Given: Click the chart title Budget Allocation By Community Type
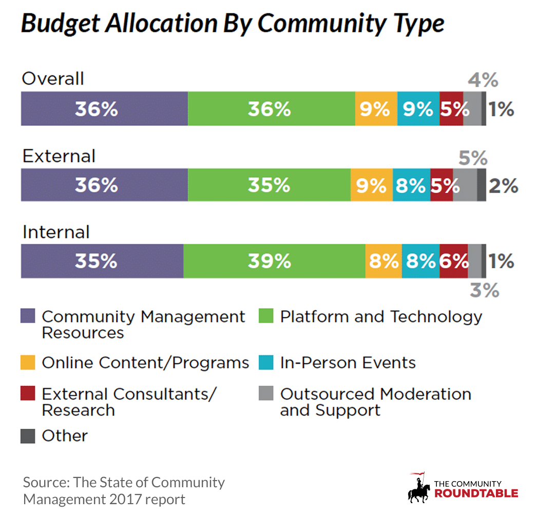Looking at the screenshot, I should point(232,24).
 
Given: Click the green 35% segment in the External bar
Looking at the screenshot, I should point(269,185).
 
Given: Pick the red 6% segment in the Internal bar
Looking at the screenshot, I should point(453,262).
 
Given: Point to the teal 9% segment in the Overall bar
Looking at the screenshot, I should point(418,109).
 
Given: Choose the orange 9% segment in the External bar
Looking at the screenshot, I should point(371,185).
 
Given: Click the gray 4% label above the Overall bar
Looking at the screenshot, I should point(483,80).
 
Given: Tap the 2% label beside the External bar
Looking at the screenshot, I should point(503,186).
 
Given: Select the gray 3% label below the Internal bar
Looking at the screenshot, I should point(485,291).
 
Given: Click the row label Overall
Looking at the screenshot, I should point(52,79).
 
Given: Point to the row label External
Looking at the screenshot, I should point(59,156).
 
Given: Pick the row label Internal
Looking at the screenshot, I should point(55,232).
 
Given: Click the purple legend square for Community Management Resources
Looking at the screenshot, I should point(28,316).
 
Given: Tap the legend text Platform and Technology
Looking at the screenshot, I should point(381,316).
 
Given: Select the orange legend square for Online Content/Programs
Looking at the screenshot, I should point(28,363).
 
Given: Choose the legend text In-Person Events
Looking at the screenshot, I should point(348,363).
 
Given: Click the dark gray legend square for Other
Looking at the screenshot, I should point(28,436).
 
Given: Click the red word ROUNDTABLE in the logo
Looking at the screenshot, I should point(476,494).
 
